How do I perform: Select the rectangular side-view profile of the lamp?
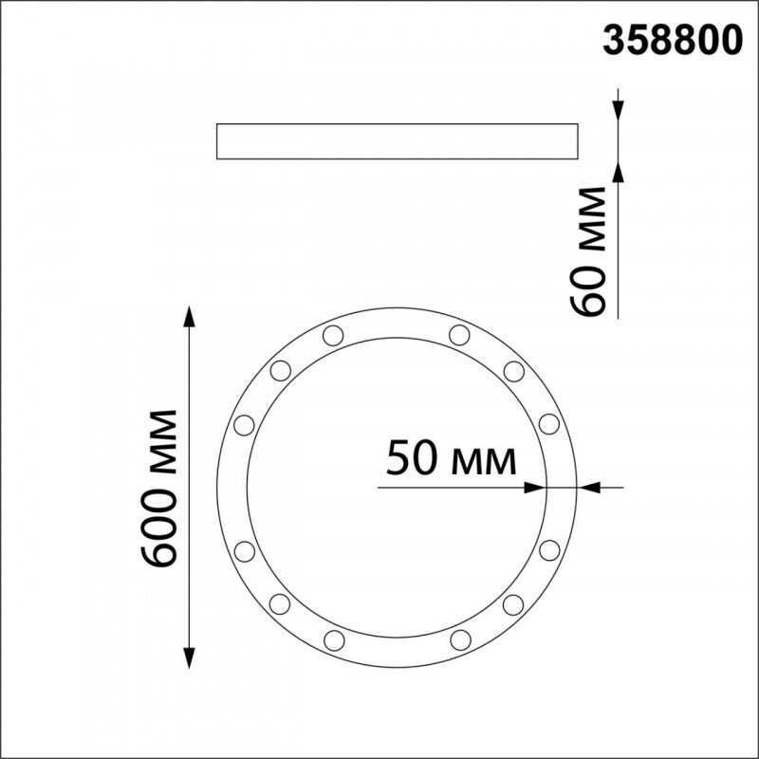click(x=398, y=140)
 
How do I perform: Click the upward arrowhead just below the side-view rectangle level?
click(x=618, y=171)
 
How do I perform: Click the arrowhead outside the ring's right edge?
click(x=591, y=488)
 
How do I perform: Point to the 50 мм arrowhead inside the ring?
click(x=536, y=488)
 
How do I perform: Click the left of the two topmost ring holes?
click(x=332, y=334)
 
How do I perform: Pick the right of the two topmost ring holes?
click(x=459, y=334)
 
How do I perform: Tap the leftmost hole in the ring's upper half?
click(x=243, y=423)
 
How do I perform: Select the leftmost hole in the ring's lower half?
click(x=243, y=550)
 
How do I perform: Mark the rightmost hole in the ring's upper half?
click(x=548, y=423)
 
